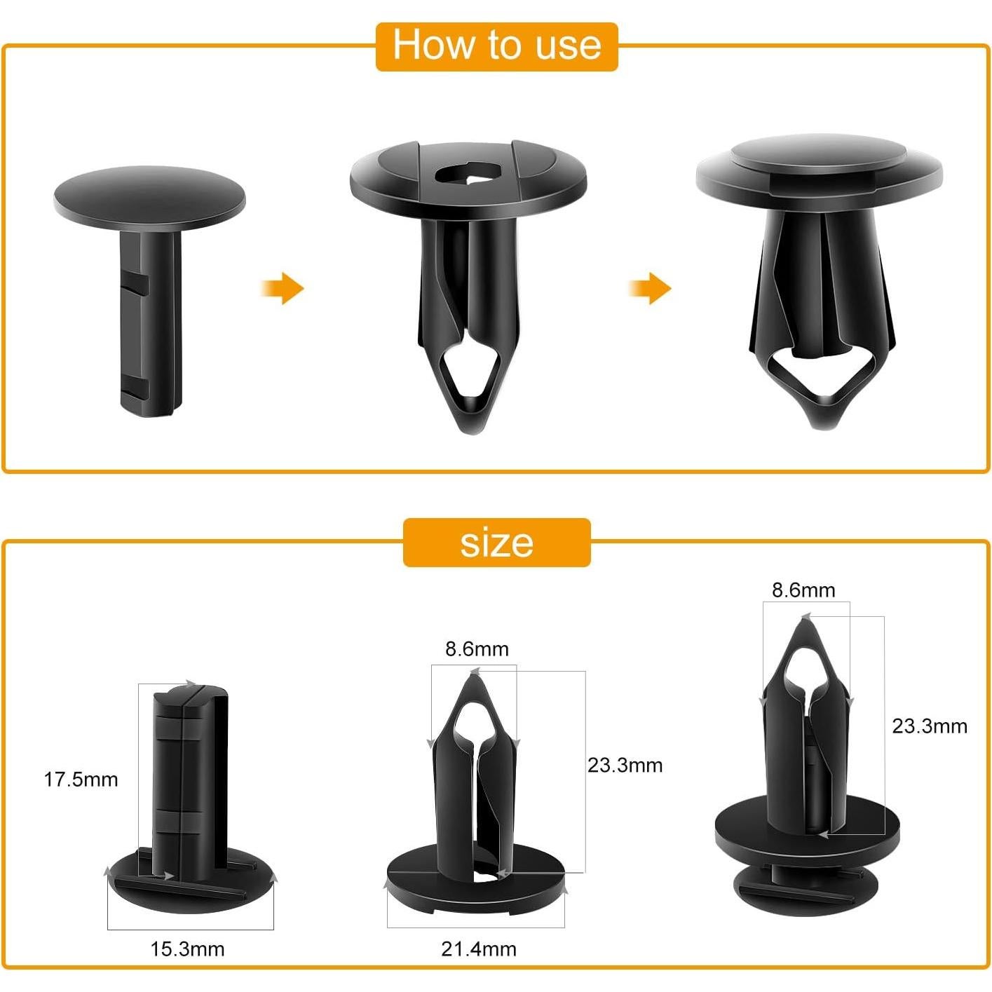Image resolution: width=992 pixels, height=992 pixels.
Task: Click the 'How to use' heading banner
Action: pos(496,46)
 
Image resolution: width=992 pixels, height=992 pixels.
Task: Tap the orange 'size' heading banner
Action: pos(496,543)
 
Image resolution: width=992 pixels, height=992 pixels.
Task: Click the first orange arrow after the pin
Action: pos(283,288)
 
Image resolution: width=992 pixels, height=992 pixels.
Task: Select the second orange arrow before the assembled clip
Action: pos(650,288)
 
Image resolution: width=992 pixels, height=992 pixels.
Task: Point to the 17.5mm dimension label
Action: pos(81,780)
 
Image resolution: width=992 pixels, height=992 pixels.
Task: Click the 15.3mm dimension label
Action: pos(187,949)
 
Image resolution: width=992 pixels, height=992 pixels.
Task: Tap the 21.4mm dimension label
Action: pos(479,949)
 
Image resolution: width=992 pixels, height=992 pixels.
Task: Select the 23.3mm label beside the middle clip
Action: pos(625,765)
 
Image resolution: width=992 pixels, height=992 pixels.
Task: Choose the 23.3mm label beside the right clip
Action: pos(929,726)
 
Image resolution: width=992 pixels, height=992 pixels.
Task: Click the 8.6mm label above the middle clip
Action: pos(477,649)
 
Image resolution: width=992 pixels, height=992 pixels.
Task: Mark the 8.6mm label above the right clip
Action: pos(803,590)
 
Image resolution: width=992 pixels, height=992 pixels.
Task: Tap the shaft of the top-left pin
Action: pos(149,322)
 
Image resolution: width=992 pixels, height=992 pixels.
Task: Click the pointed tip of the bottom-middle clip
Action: pos(474,677)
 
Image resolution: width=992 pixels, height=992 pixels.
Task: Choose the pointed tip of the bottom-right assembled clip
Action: pos(806,620)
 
